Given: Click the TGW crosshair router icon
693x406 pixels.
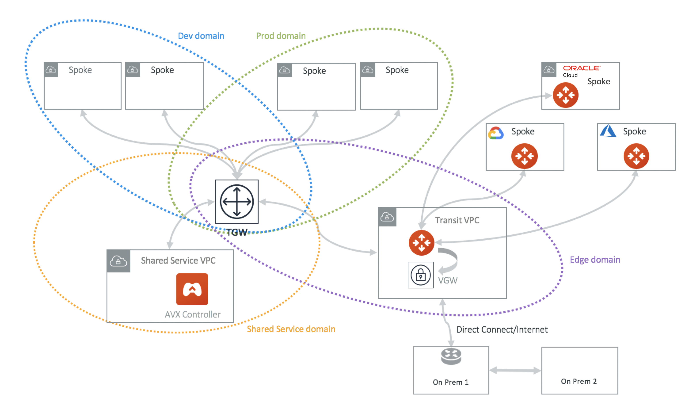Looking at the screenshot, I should pyautogui.click(x=237, y=202).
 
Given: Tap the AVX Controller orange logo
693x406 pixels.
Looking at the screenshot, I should pyautogui.click(x=192, y=289).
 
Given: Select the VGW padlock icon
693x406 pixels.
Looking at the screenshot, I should pyautogui.click(x=421, y=275).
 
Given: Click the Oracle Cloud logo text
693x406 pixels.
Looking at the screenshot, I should pyautogui.click(x=581, y=71).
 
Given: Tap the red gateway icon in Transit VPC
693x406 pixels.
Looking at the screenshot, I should pyautogui.click(x=421, y=243).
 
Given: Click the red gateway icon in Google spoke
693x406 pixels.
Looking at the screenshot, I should pyautogui.click(x=524, y=156).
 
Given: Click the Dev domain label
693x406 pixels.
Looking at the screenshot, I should pyautogui.click(x=201, y=36).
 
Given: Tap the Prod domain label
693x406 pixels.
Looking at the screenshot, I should pyautogui.click(x=281, y=36).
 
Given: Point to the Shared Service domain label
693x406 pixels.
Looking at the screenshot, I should pyautogui.click(x=291, y=329).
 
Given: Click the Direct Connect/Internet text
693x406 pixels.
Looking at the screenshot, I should pyautogui.click(x=502, y=329).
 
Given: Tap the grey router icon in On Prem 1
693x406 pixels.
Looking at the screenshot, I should pyautogui.click(x=451, y=356).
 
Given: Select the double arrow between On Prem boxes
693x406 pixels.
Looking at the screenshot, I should pyautogui.click(x=515, y=370).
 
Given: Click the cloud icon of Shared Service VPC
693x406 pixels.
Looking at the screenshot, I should pyautogui.click(x=118, y=261).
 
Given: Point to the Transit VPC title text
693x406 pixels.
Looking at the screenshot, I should pyautogui.click(x=457, y=220).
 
